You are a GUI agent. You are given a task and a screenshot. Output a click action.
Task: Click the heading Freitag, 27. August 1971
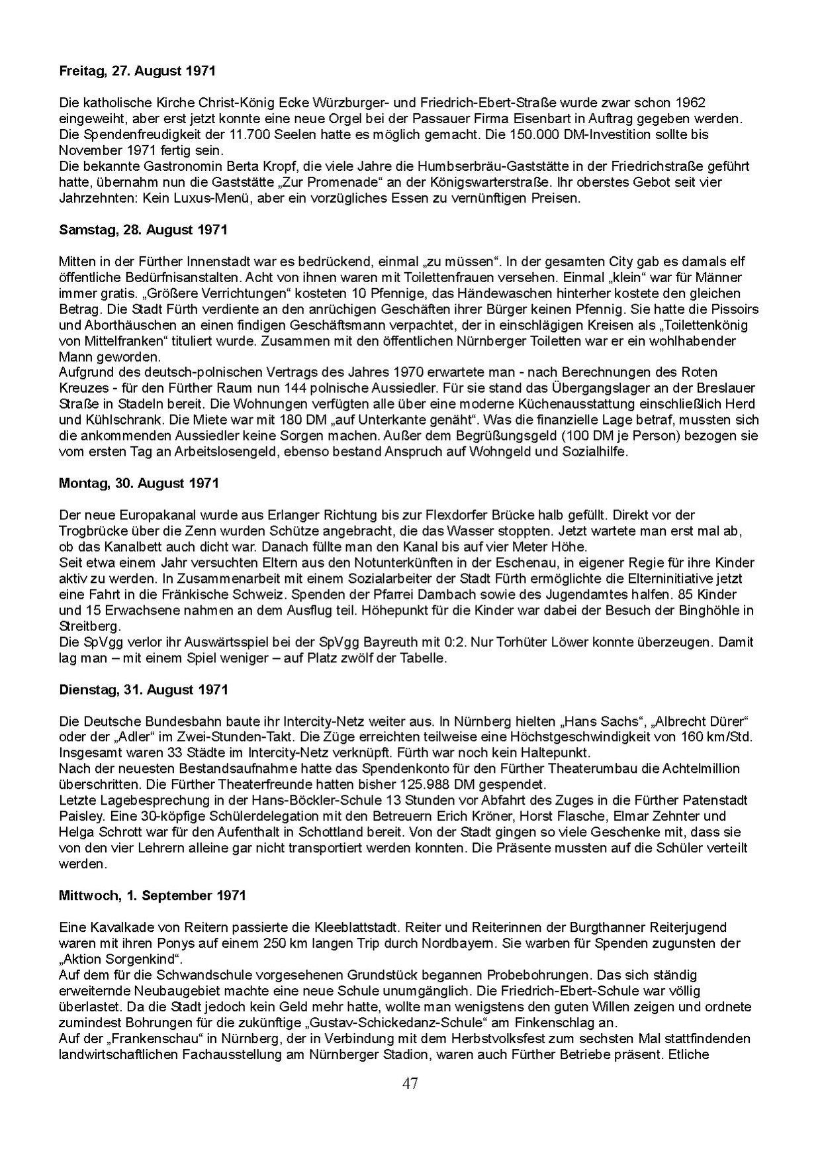click(x=137, y=71)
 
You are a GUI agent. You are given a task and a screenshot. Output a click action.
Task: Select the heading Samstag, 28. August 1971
click(x=143, y=230)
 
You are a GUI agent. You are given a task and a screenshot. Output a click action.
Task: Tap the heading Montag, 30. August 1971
click(x=139, y=483)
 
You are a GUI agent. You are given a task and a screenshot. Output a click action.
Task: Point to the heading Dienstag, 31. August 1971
click(x=144, y=689)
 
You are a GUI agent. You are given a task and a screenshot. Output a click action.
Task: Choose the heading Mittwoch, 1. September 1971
click(x=152, y=895)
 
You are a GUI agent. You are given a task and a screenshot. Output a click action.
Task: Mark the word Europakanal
click(x=142, y=515)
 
